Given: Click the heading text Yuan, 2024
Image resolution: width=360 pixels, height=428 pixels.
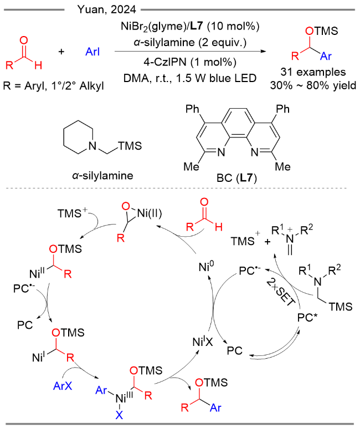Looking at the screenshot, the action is coord(107,9).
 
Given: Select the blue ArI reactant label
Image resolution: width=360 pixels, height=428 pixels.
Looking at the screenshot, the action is coord(92,52).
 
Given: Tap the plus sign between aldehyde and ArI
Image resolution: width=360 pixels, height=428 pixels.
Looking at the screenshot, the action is coord(61,52).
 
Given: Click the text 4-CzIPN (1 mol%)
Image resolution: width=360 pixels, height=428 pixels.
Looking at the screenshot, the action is coord(190,62).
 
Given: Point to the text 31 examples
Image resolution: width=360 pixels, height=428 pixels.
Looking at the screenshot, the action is coord(313,72).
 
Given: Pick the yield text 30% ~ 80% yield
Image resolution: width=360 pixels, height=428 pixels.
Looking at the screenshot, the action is coord(313,85).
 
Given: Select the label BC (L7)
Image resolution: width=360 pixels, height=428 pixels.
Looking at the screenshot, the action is coord(236,178).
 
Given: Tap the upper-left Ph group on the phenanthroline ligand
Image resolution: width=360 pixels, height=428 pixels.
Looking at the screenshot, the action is coord(192,109).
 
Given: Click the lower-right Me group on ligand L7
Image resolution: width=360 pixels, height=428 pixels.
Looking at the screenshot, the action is coord(283,166).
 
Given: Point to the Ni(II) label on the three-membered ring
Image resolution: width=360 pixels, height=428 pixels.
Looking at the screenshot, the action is coord(150,213).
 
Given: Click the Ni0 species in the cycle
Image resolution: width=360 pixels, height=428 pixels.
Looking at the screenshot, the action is coord(207,267).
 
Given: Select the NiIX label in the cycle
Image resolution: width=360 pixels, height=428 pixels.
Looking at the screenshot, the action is coord(202,342).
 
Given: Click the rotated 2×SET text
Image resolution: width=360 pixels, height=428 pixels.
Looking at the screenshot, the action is coord(281,292).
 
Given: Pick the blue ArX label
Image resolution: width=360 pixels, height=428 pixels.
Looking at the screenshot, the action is coord(63,386).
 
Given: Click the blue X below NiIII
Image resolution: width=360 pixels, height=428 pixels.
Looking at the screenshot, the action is coord(119,415).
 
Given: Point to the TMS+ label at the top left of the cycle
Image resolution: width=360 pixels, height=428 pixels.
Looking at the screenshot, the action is coord(72,213).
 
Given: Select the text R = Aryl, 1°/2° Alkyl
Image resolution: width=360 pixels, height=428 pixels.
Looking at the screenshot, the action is coord(54,86).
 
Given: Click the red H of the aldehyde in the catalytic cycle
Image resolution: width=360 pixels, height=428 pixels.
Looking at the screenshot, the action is coord(218,227).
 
